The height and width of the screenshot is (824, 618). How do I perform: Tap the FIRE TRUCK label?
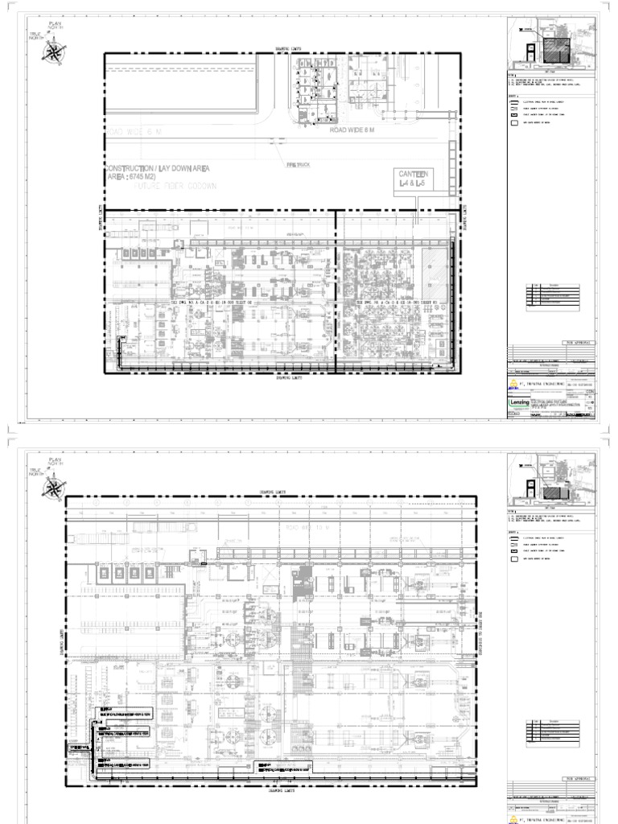[x=297, y=163]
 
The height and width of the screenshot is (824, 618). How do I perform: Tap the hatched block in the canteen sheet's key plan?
[x=554, y=48]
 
